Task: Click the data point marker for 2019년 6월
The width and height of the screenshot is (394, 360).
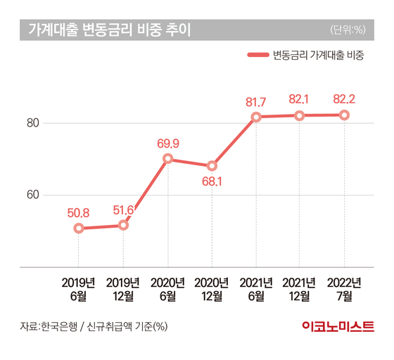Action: pos(79,229)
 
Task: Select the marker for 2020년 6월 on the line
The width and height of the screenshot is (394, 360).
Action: pos(168,159)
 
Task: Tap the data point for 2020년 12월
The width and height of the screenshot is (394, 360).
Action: pos(212,166)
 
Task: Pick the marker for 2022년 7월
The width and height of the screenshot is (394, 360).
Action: pos(344,115)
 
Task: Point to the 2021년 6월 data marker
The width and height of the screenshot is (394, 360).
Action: pos(256,117)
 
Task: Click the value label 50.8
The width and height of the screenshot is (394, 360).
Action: pos(78,213)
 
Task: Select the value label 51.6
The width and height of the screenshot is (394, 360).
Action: pos(123,210)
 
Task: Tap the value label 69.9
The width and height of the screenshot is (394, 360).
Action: pos(168,143)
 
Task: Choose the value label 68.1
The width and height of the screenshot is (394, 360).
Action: pos(212,181)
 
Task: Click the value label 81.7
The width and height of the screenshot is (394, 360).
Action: pos(255,102)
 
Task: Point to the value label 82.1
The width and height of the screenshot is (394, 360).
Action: pos(298,99)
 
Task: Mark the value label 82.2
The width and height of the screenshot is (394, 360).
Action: pos(344,99)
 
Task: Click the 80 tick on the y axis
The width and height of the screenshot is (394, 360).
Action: pos(33,123)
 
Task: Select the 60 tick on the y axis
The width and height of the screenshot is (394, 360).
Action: pos(33,195)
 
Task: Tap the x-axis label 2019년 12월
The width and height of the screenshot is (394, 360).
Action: pos(123,290)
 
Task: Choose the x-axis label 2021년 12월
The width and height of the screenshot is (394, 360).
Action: pos(299,290)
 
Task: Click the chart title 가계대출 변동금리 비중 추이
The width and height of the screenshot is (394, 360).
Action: pos(110,30)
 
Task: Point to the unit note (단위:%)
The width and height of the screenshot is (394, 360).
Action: pos(348,30)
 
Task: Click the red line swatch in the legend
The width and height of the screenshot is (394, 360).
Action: pos(258,55)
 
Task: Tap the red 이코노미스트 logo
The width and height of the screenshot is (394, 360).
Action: pos(338,326)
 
